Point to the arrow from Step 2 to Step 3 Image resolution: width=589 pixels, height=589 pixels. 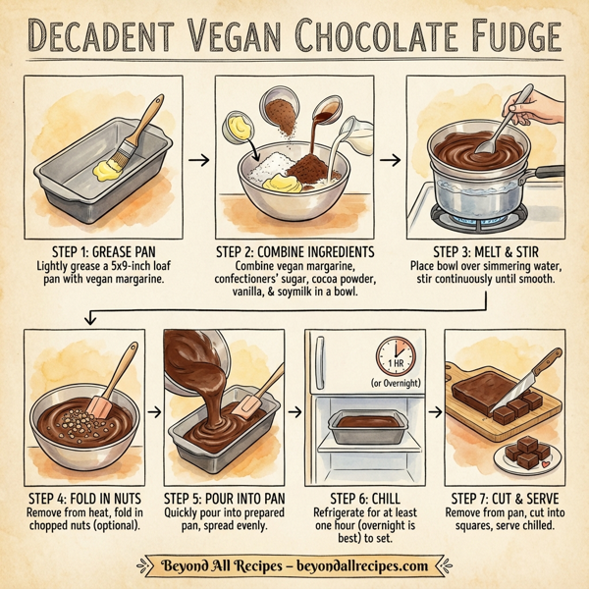(389, 159)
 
